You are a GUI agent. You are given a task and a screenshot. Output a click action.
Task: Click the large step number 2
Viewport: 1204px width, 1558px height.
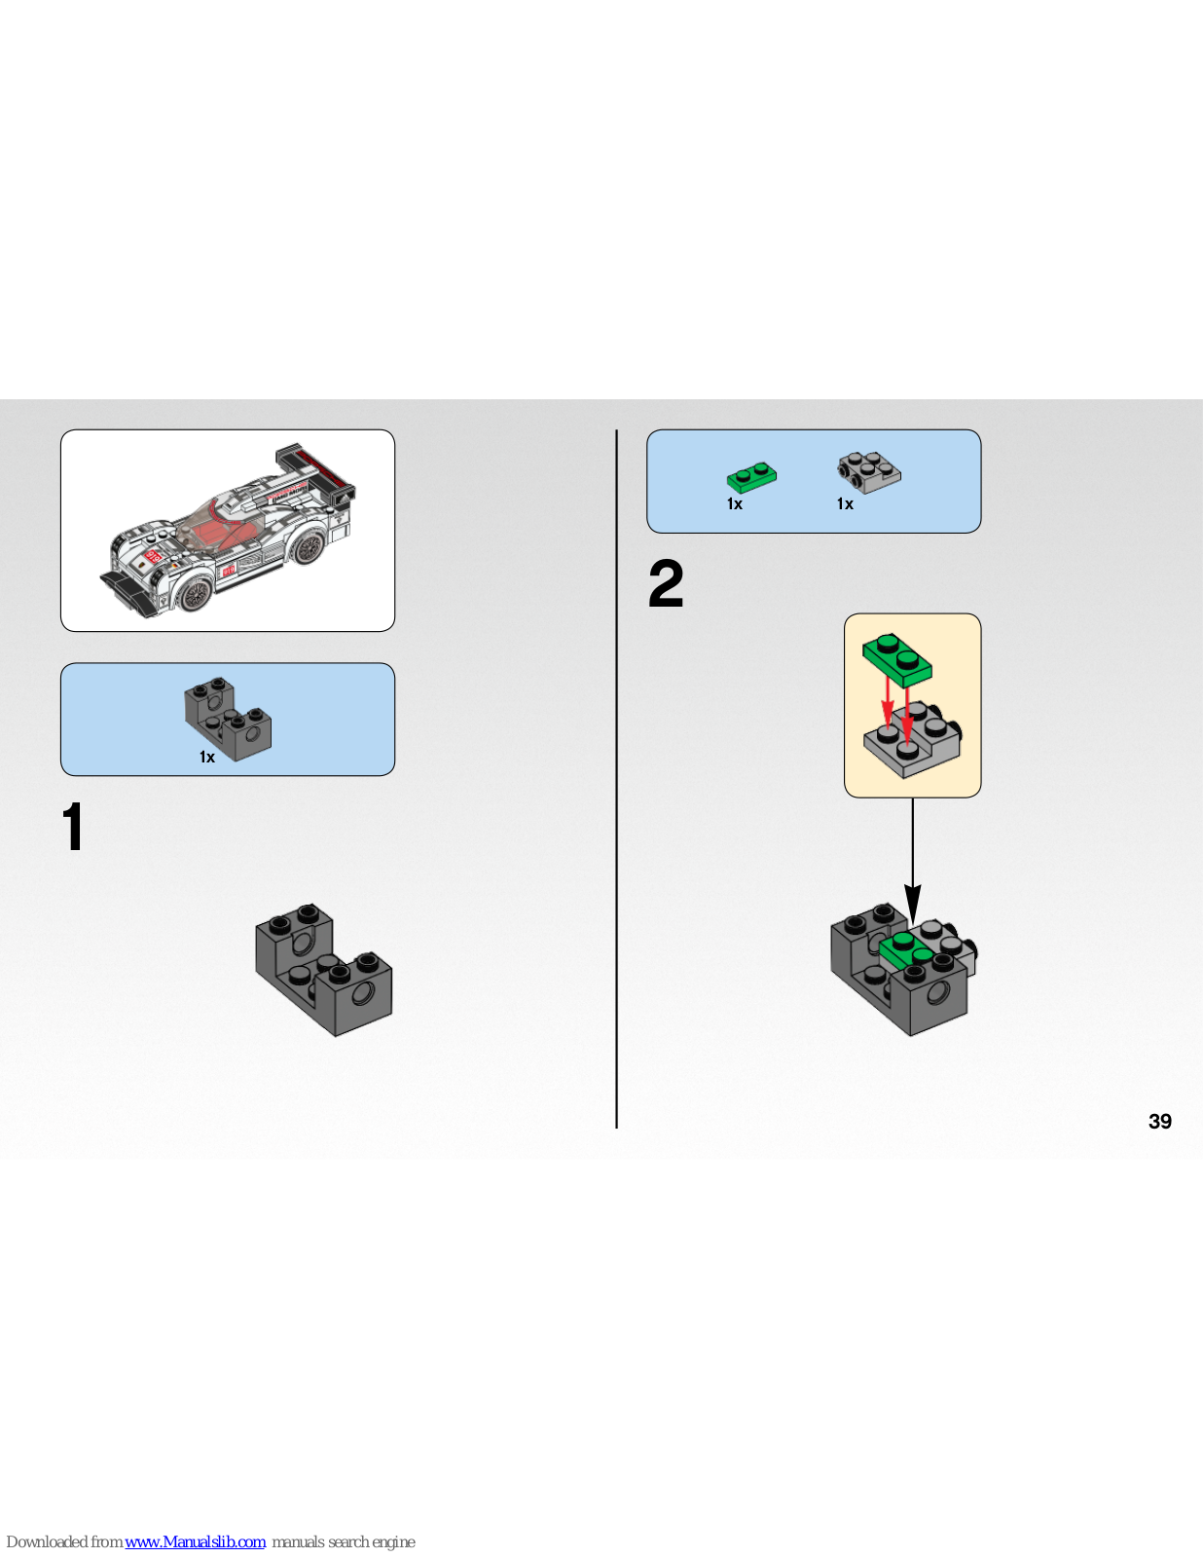click(x=666, y=583)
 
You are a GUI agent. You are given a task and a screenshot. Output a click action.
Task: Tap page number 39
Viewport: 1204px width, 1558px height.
click(x=1159, y=1121)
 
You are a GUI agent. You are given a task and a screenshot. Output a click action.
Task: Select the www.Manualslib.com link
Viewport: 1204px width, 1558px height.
click(x=195, y=1541)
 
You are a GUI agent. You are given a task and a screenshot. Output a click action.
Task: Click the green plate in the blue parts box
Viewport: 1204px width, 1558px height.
click(x=751, y=477)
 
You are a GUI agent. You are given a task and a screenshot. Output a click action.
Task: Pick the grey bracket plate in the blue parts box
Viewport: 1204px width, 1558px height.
click(x=869, y=471)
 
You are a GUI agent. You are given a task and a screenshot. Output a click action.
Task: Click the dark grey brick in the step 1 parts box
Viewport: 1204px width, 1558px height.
click(x=228, y=719)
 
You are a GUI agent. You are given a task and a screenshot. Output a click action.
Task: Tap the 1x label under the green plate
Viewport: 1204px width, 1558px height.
click(x=735, y=504)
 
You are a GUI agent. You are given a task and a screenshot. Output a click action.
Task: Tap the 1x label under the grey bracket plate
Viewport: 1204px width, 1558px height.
click(x=845, y=504)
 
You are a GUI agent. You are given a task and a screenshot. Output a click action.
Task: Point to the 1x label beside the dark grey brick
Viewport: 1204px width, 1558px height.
click(x=207, y=758)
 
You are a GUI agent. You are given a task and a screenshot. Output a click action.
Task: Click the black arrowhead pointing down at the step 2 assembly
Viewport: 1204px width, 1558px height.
click(x=912, y=904)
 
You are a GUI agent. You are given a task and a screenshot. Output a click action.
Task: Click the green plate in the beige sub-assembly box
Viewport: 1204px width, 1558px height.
click(x=896, y=657)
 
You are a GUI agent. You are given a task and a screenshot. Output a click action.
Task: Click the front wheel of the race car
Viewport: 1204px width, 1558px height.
click(x=196, y=594)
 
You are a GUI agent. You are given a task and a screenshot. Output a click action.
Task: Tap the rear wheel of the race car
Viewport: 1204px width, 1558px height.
click(x=310, y=547)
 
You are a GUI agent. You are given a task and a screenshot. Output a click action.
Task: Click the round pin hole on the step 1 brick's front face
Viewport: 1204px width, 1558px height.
click(x=363, y=994)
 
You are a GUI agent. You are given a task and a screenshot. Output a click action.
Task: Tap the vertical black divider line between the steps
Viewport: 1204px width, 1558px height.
click(x=616, y=779)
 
